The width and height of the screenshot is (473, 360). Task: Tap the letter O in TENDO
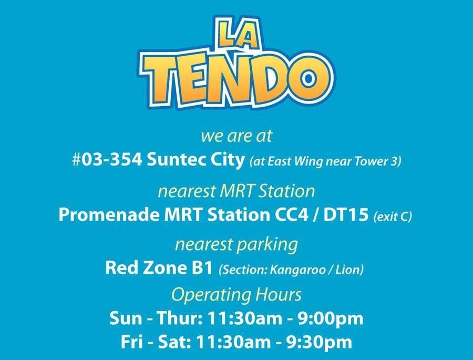(306, 78)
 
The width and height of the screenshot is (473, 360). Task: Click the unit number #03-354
(107, 160)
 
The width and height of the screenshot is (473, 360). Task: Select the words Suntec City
(196, 160)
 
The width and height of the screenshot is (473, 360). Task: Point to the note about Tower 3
(325, 161)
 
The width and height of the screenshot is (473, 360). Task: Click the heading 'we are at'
(236, 136)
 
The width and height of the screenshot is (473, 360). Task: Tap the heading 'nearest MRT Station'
(236, 191)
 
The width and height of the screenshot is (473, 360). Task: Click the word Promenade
(109, 215)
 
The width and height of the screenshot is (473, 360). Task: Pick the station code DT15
(346, 215)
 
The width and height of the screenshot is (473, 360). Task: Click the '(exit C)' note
(393, 217)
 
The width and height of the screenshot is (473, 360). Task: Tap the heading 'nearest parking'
(236, 244)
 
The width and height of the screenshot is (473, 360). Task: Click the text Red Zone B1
(159, 268)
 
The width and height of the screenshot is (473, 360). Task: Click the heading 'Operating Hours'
(236, 295)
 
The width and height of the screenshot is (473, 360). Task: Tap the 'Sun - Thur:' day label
(156, 318)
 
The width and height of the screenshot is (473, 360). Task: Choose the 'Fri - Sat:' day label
(156, 342)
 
